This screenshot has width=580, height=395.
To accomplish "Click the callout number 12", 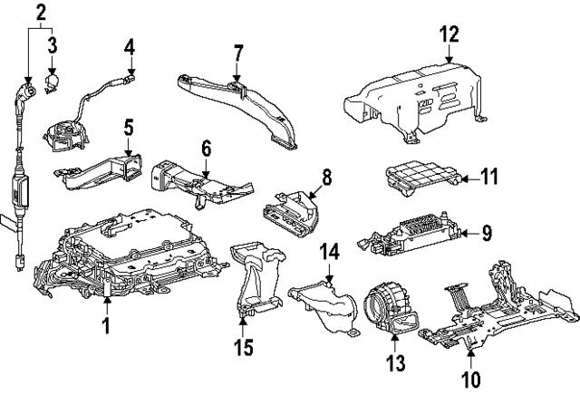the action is (449, 34).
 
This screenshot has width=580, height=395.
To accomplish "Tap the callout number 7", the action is (238, 53).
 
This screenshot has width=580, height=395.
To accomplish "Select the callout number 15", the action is (244, 347).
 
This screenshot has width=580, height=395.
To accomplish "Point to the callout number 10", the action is (471, 379).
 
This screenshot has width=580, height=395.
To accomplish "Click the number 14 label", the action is (329, 252).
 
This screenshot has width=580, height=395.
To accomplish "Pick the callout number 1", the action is (106, 325).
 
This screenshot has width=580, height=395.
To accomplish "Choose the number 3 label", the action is (53, 45).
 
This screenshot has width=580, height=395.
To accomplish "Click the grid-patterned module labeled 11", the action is (421, 178).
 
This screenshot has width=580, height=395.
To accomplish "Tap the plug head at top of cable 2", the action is (26, 91).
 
